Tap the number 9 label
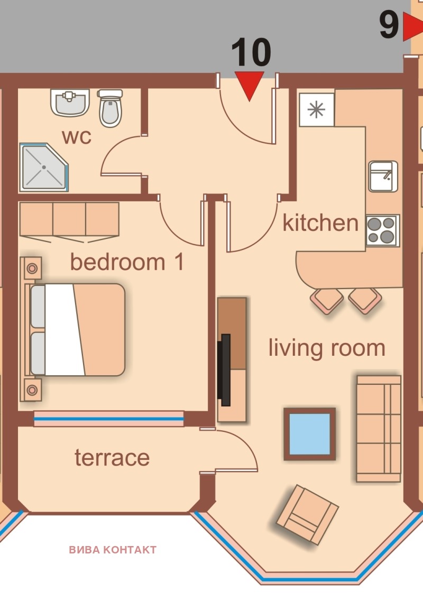[x=389, y=26]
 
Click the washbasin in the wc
[x=70, y=102]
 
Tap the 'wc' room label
[x=77, y=136]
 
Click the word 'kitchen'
[x=320, y=223]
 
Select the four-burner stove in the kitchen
[x=382, y=230]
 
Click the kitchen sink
[x=383, y=177]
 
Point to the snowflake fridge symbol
[x=317, y=109]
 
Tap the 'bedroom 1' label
[x=127, y=262]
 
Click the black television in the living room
[x=225, y=369]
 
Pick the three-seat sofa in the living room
[x=379, y=429]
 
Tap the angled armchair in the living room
[x=307, y=514]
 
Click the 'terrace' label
[x=112, y=457]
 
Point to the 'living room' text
[x=327, y=348]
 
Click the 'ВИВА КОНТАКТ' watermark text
[x=113, y=550]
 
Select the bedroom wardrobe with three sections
[x=69, y=219]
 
